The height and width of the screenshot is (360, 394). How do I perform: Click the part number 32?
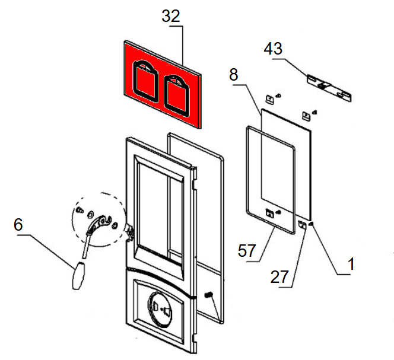coord(171,17)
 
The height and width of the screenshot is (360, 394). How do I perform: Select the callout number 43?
coord(274,49)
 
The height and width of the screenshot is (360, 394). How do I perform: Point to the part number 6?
coord(18,224)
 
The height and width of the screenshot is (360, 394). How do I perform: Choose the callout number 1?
coord(351,265)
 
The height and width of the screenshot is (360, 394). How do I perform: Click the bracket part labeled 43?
coord(328,87)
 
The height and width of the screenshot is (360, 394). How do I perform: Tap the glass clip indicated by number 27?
coord(302,224)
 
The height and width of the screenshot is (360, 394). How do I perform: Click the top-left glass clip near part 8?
coord(269,98)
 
